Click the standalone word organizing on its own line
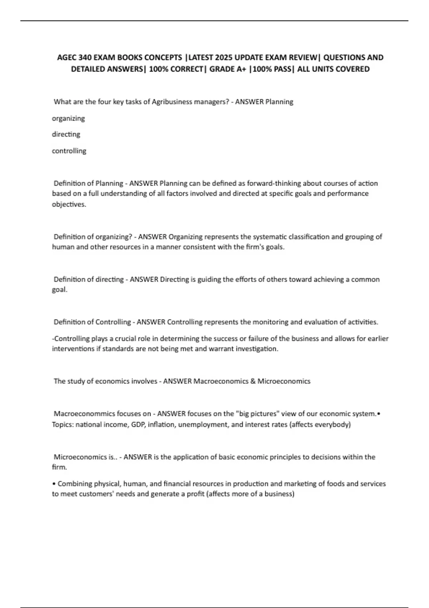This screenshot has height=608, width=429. coord(68,118)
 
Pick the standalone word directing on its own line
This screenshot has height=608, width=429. coord(66,134)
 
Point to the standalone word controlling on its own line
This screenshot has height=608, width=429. coord(69,151)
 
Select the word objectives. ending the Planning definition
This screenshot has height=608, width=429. coord(69,205)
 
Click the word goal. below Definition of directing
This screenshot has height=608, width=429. coord(59,290)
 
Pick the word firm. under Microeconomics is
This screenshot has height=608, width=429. coord(59,467)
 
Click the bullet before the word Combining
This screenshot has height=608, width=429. coord(54,484)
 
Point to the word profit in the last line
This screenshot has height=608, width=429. coord(196,494)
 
